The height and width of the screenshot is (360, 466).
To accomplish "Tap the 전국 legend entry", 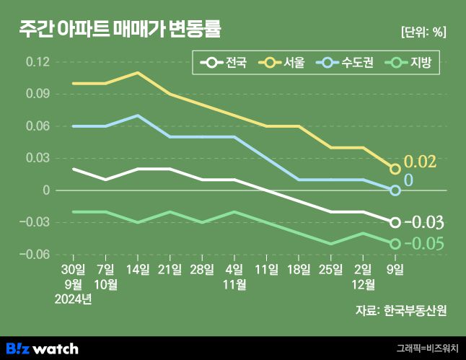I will pyautogui.click(x=224, y=63).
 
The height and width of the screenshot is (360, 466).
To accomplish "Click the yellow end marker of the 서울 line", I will pyautogui.click(x=395, y=169).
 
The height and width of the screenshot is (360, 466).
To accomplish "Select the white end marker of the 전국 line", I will pyautogui.click(x=395, y=222).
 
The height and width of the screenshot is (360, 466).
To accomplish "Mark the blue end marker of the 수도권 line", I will pyautogui.click(x=395, y=190).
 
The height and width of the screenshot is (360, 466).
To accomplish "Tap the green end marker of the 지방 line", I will pyautogui.click(x=395, y=244).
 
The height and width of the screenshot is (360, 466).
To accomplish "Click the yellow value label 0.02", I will pyautogui.click(x=420, y=162).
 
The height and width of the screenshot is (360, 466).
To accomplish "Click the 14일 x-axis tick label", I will pyautogui.click(x=138, y=270).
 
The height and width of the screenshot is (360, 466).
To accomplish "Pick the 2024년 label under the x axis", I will pyautogui.click(x=73, y=299).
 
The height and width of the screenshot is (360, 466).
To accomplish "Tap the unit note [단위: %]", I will pyautogui.click(x=423, y=32).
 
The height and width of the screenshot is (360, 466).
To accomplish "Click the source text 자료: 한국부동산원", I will pyautogui.click(x=400, y=311).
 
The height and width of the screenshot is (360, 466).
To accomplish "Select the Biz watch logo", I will pyautogui.click(x=42, y=348).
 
